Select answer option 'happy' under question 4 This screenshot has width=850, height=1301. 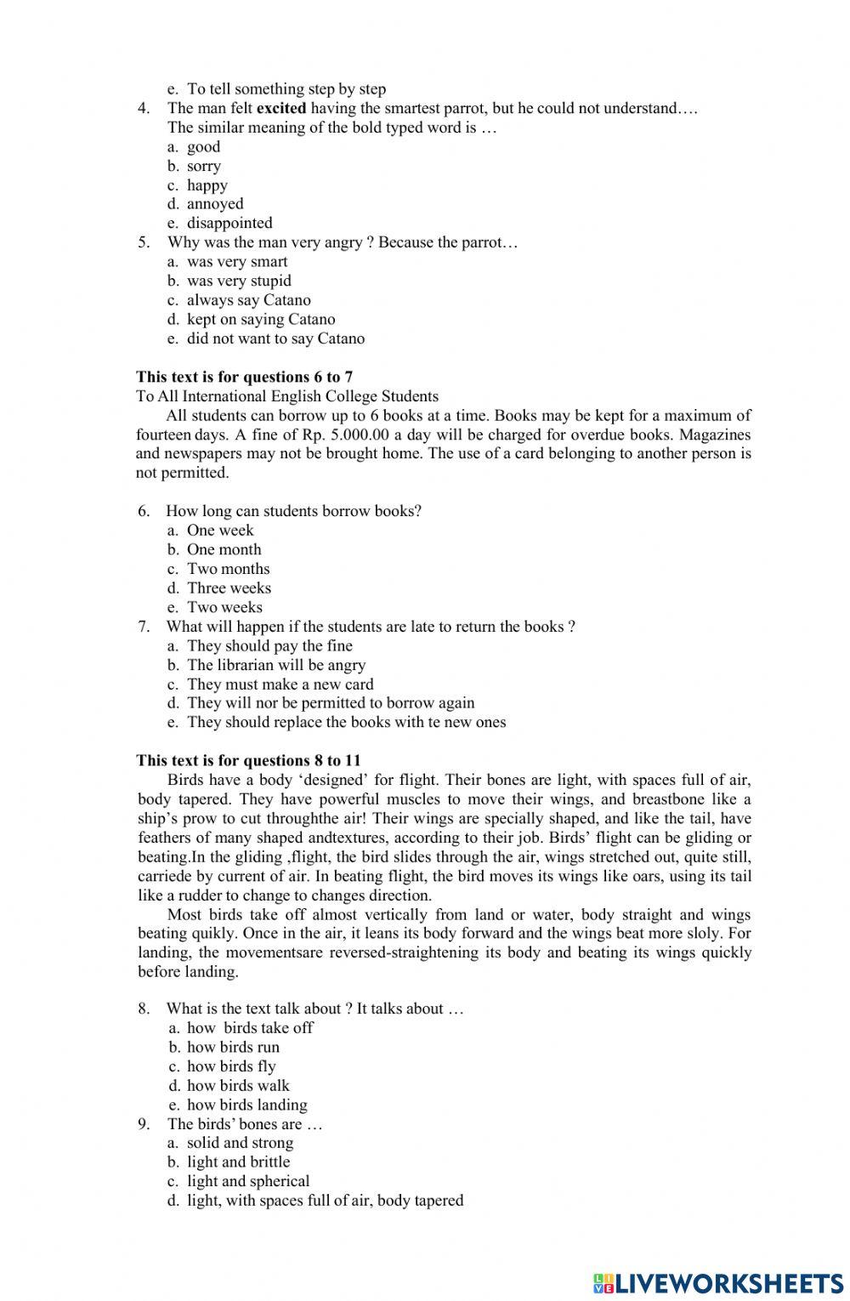click(x=207, y=185)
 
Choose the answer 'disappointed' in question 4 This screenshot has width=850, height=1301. click(x=229, y=224)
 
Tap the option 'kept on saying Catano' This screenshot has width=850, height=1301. click(x=261, y=320)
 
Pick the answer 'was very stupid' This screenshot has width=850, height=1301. click(x=239, y=281)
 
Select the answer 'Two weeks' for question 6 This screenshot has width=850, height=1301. click(x=224, y=607)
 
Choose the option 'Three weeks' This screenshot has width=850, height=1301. click(x=229, y=588)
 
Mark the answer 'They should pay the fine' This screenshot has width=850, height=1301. click(x=269, y=646)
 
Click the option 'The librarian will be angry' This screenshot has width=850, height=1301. click(x=276, y=665)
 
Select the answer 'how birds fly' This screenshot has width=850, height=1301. click(x=231, y=1066)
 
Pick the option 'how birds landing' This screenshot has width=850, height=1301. click(x=246, y=1105)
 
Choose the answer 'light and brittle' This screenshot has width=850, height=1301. click(x=238, y=1162)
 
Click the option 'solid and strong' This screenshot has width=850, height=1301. click(x=240, y=1143)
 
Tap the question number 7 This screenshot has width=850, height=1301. click(x=144, y=627)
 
